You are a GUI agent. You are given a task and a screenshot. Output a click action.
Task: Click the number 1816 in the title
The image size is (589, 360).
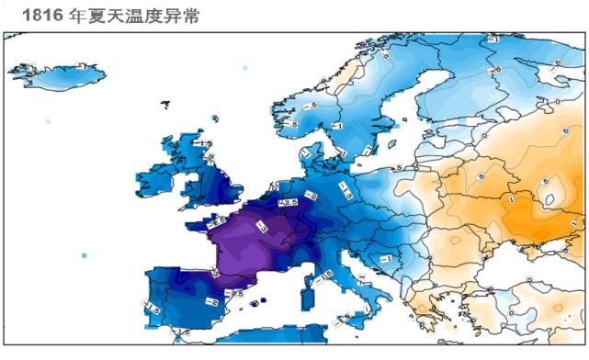pos(42,16)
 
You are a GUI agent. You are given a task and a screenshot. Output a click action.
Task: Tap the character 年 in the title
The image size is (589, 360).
pos(78,16)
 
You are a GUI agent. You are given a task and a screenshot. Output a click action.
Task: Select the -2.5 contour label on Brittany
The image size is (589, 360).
pos(217,221)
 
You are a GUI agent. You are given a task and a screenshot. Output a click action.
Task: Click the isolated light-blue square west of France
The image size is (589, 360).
pos(85,255)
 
